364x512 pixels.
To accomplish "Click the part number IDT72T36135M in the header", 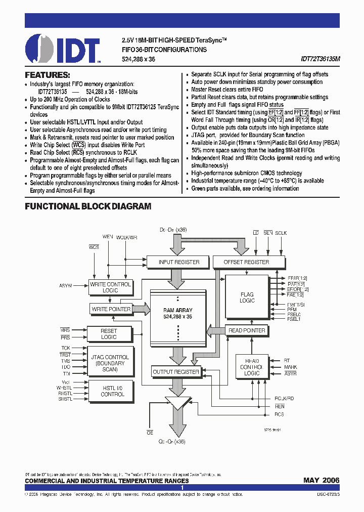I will tap(321, 59).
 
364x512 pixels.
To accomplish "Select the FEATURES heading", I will tap(48, 74).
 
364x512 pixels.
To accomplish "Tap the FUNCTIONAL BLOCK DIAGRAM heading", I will tap(88, 206).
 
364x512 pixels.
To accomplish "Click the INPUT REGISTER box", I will tap(179, 262).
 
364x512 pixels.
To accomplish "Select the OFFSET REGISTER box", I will tap(246, 262).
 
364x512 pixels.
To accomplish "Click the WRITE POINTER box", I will tap(111, 309).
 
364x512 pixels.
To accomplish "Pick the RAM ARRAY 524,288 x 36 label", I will tap(177, 313).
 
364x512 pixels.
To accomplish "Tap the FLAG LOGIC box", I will tap(247, 297).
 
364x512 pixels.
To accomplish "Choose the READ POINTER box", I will tap(247, 330).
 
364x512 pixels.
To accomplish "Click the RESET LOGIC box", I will tap(109, 334).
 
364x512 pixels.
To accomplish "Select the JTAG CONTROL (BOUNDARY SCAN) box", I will tap(110, 363).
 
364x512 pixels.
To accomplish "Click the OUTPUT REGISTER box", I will tap(176, 372).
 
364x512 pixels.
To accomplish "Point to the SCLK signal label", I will tap(281, 233).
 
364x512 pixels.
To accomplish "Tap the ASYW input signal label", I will tap(66, 286).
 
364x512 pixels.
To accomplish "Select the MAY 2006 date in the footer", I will tap(322, 480).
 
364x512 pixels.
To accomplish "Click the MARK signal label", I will tap(290, 367).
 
